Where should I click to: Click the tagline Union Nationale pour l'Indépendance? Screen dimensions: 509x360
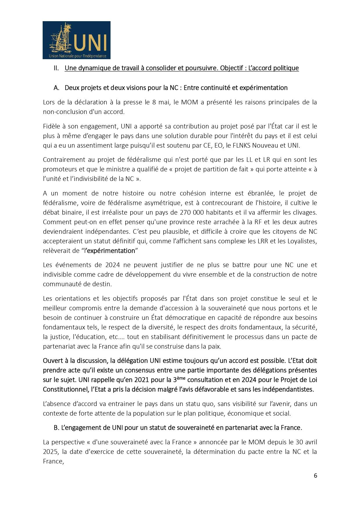click(77, 56)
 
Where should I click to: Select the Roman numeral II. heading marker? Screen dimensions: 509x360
click(56, 68)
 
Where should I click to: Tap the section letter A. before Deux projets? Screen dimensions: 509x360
click(56, 88)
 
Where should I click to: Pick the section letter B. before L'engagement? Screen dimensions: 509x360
click(57, 428)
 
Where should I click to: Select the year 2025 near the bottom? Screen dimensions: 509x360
click(50, 452)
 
